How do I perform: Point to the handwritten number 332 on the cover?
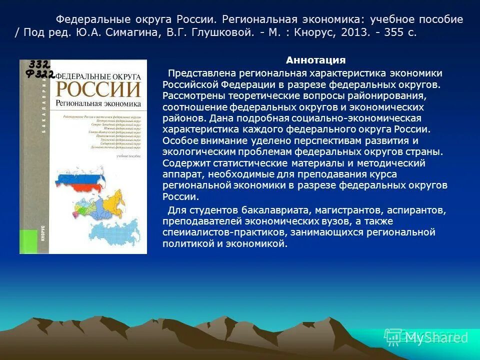(38, 64)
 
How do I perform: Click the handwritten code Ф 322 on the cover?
(40, 75)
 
